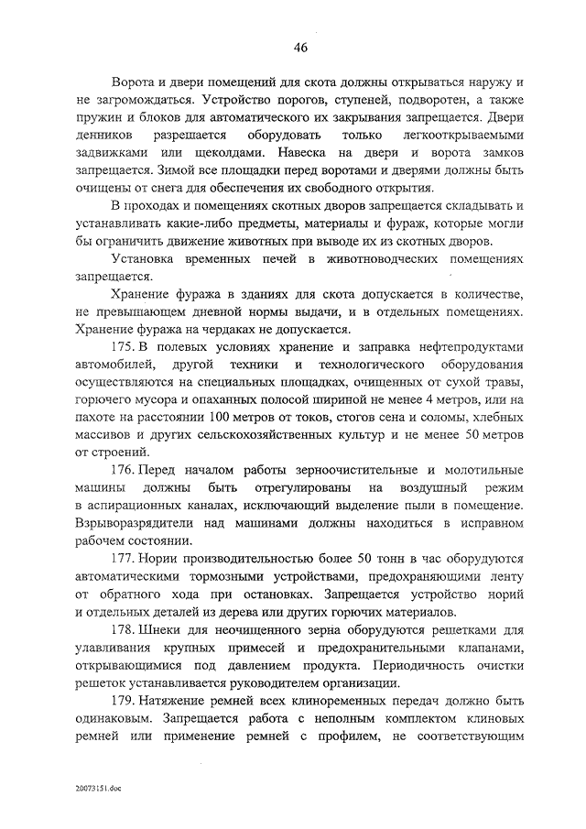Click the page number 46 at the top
[301, 48]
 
